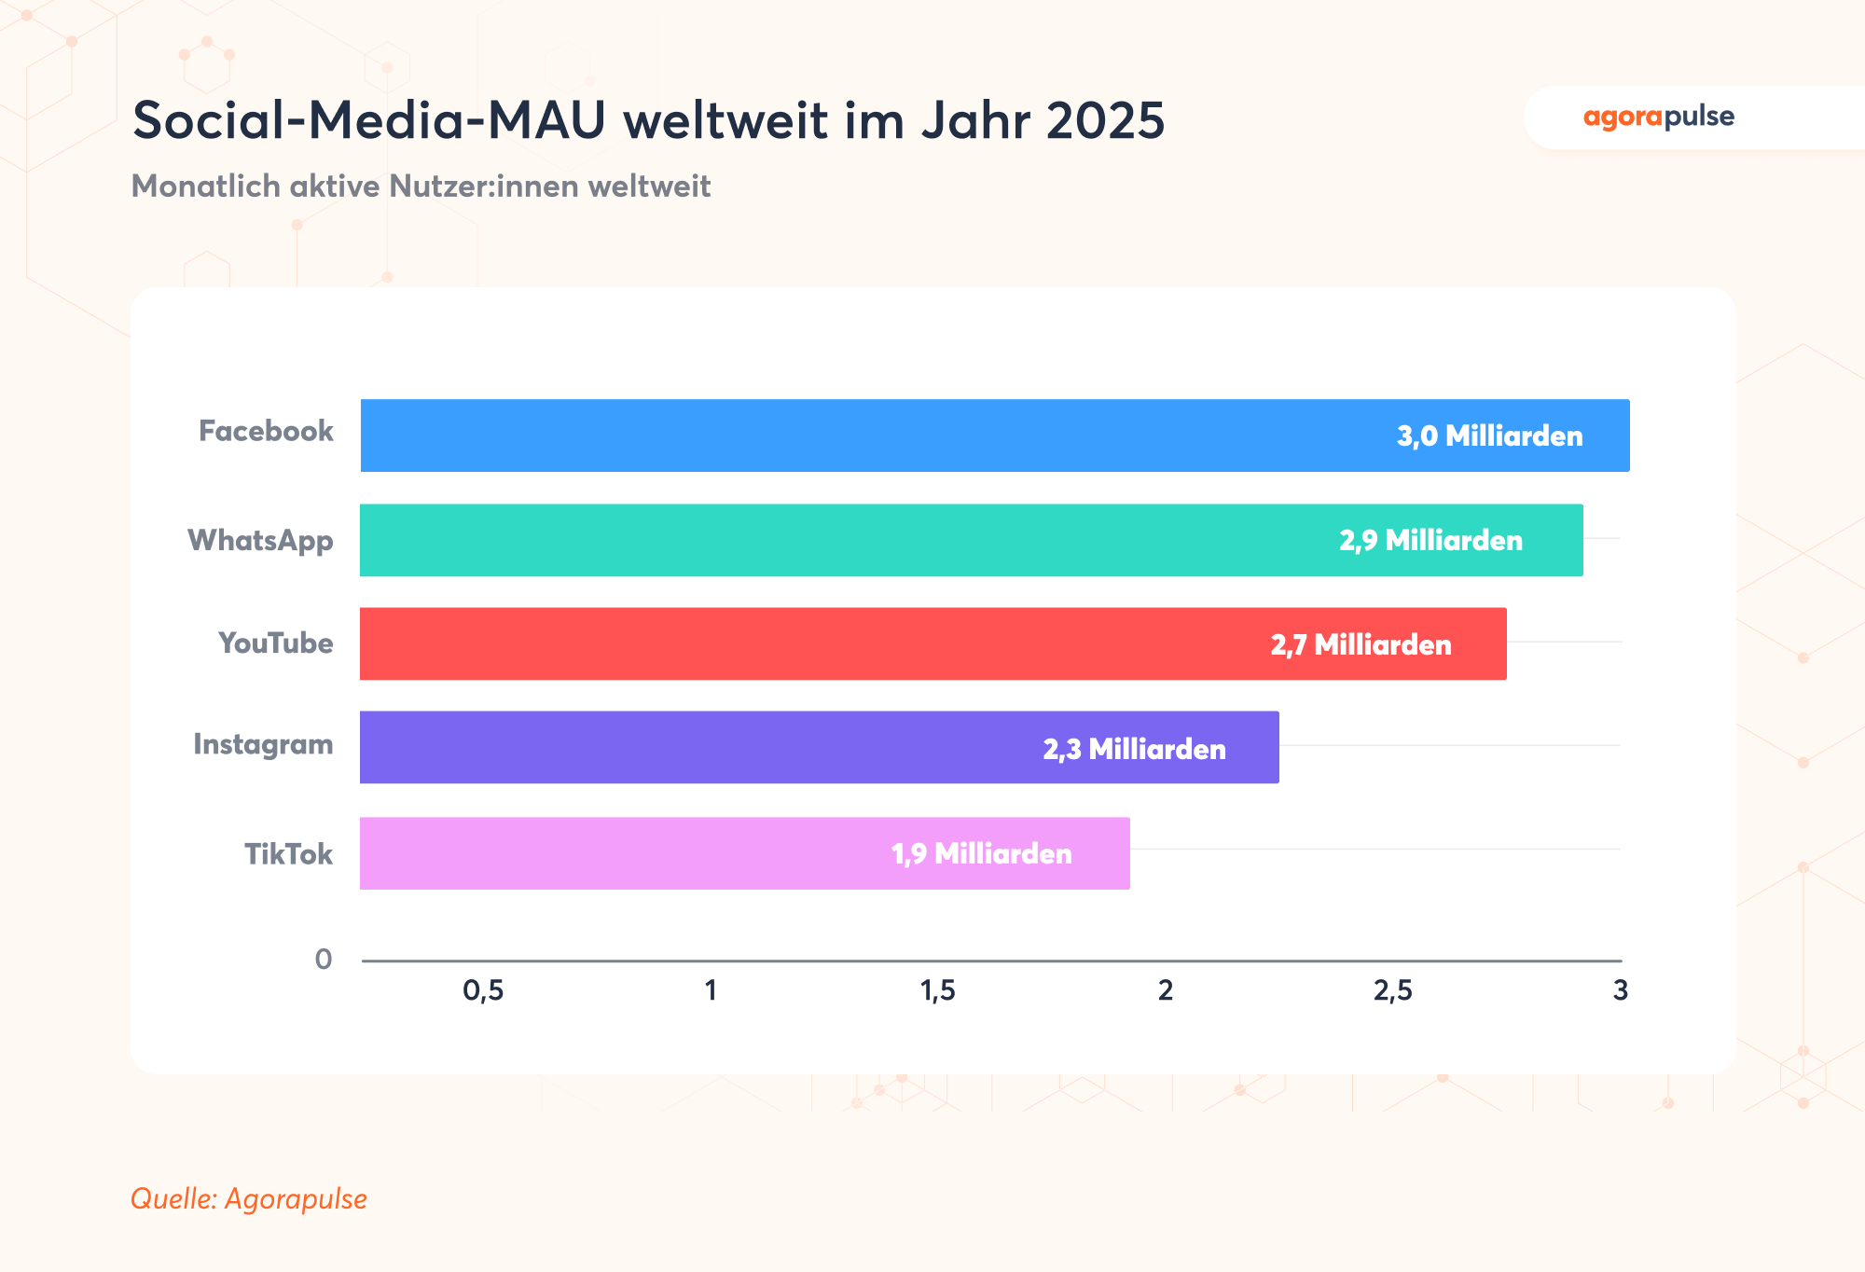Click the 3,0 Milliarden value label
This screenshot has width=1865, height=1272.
click(1489, 436)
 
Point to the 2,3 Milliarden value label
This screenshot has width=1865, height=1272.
click(1134, 749)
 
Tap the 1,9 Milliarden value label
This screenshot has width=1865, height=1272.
click(981, 853)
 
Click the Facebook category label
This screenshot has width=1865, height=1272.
click(266, 431)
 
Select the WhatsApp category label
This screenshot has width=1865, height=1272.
click(260, 540)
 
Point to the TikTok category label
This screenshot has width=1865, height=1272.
click(288, 853)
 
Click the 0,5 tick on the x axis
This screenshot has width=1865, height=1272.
click(483, 990)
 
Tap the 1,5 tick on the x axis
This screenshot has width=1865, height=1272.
click(938, 990)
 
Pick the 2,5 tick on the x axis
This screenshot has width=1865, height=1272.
click(1392, 990)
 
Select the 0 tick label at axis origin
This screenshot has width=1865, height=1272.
click(324, 959)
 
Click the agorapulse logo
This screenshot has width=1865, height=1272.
click(1658, 118)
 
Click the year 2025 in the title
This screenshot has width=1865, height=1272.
click(1105, 121)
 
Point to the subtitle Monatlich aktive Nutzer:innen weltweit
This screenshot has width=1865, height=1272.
click(421, 187)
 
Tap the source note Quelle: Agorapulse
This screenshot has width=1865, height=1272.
click(249, 1198)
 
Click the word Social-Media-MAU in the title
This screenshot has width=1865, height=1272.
click(369, 121)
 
